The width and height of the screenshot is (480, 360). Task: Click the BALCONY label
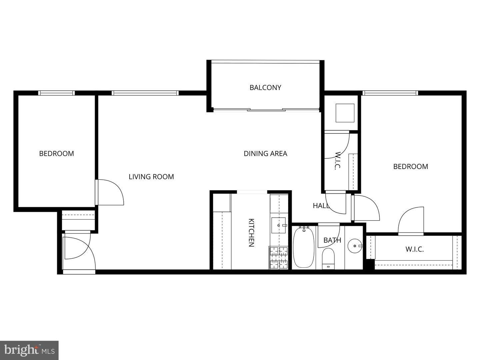pos(265,88)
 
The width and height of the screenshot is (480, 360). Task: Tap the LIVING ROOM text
pos(151,177)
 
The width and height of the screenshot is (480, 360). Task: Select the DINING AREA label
pos(265,154)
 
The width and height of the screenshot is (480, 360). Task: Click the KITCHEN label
pos(251,232)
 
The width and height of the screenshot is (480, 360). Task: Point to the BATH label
pos(332,240)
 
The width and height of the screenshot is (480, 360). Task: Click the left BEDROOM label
pos(56,154)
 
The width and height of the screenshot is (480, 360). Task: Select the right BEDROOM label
pos(410,167)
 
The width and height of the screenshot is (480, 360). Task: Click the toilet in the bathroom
pos(328,258)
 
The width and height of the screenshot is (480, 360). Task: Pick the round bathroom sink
pos(354,246)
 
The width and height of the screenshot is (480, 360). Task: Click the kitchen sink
pos(278,225)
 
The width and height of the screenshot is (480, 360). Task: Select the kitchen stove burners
pos(278,257)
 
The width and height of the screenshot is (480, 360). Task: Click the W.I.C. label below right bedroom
pos(414,249)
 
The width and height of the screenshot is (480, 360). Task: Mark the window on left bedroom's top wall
pos(56,93)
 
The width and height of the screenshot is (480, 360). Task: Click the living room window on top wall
pos(145,93)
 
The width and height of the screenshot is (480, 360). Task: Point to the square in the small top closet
pos(345,113)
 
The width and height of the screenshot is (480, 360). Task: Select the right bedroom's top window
pos(390,93)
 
